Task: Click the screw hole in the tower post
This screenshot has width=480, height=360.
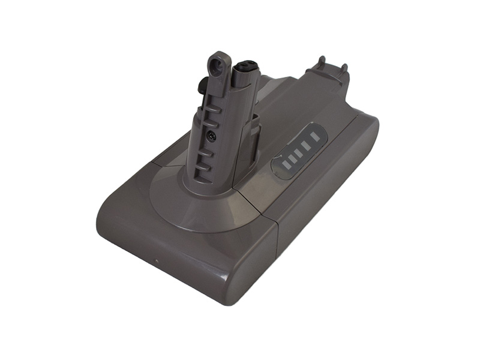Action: pos(211,136)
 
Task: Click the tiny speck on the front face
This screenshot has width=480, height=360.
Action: pos(155,262)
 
